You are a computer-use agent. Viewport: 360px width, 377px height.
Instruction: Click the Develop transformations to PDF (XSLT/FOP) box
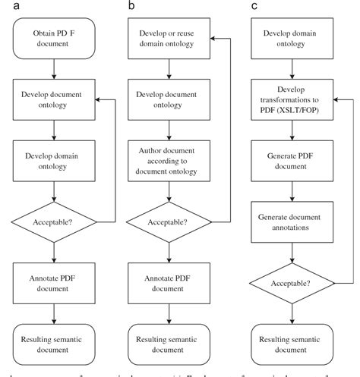[x=289, y=100]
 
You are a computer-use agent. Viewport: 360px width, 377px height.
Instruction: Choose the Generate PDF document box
[x=289, y=162]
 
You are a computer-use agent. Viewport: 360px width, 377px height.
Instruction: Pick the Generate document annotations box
[x=289, y=221]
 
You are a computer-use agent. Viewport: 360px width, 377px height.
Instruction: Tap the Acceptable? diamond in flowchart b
[x=167, y=221]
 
